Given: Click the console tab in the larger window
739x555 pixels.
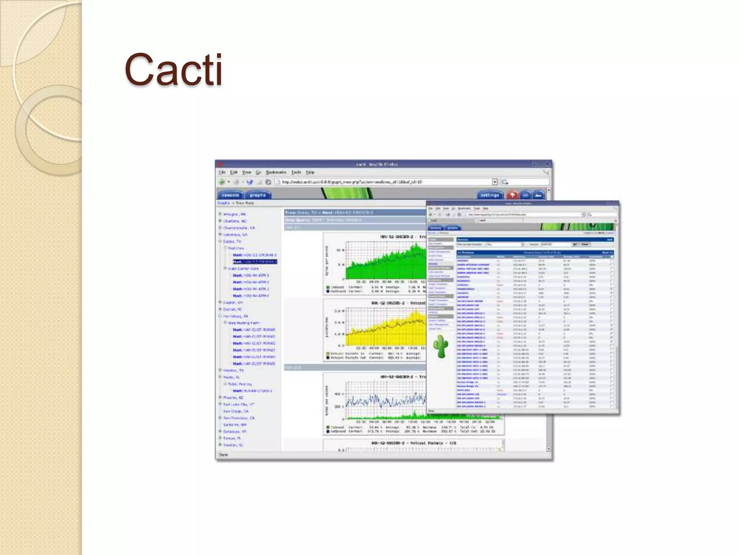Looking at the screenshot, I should coord(230,195).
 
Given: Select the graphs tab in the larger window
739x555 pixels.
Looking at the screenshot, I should coord(258,195).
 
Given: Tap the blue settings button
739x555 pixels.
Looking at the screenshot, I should coord(490,195).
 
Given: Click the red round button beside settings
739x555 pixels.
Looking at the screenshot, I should coord(512,195).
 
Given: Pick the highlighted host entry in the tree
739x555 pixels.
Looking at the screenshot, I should coord(255,262).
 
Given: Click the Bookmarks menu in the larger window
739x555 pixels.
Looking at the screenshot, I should coord(276,172).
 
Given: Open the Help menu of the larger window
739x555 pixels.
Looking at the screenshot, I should coord(310,172).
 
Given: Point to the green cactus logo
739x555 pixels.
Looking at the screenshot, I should coord(441,346).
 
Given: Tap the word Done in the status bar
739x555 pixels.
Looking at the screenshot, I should coord(223,455).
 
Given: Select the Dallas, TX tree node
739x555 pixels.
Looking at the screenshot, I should coord(232,241).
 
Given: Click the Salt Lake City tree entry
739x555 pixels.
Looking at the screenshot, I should coord(238,404).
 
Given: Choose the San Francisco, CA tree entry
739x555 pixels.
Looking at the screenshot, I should coord(239,418).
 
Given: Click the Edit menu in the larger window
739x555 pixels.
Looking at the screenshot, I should coord(234,172).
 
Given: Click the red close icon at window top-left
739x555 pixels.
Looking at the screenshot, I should coord(220,164).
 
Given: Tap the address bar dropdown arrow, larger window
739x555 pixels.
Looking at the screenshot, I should coord(495,182).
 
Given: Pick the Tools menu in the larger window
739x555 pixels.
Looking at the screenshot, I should coord(296,172).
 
